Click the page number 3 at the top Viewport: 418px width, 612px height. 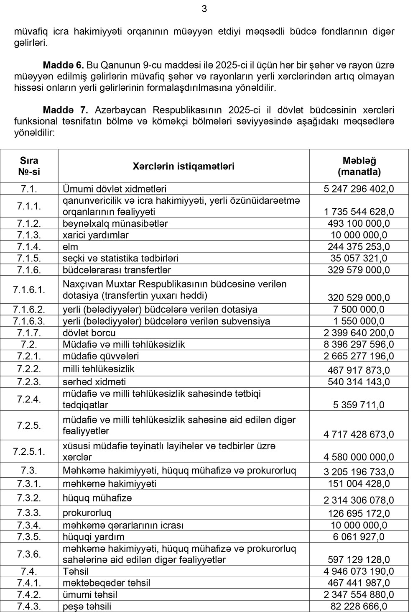(204, 9)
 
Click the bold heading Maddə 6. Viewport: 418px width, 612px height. (64, 66)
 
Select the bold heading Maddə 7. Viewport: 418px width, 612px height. (65, 110)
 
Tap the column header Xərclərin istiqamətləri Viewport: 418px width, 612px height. (184, 166)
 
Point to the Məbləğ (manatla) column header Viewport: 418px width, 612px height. (359, 166)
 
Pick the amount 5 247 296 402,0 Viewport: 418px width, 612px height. (359, 189)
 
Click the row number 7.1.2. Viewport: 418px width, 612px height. (29, 223)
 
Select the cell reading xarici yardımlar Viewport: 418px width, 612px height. (96, 235)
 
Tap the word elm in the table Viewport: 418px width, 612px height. (70, 247)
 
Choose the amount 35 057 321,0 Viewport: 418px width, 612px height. (359, 259)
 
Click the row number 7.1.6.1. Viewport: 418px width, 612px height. (29, 289)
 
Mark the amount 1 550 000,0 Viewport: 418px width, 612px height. (359, 321)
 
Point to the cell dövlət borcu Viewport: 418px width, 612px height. (89, 333)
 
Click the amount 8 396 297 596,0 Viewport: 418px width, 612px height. (359, 345)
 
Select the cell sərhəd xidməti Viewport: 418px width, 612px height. (94, 382)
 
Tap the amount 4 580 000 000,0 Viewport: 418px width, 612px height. (359, 457)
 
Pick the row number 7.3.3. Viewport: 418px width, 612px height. (29, 513)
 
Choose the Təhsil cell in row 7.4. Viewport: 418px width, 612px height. (76, 571)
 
